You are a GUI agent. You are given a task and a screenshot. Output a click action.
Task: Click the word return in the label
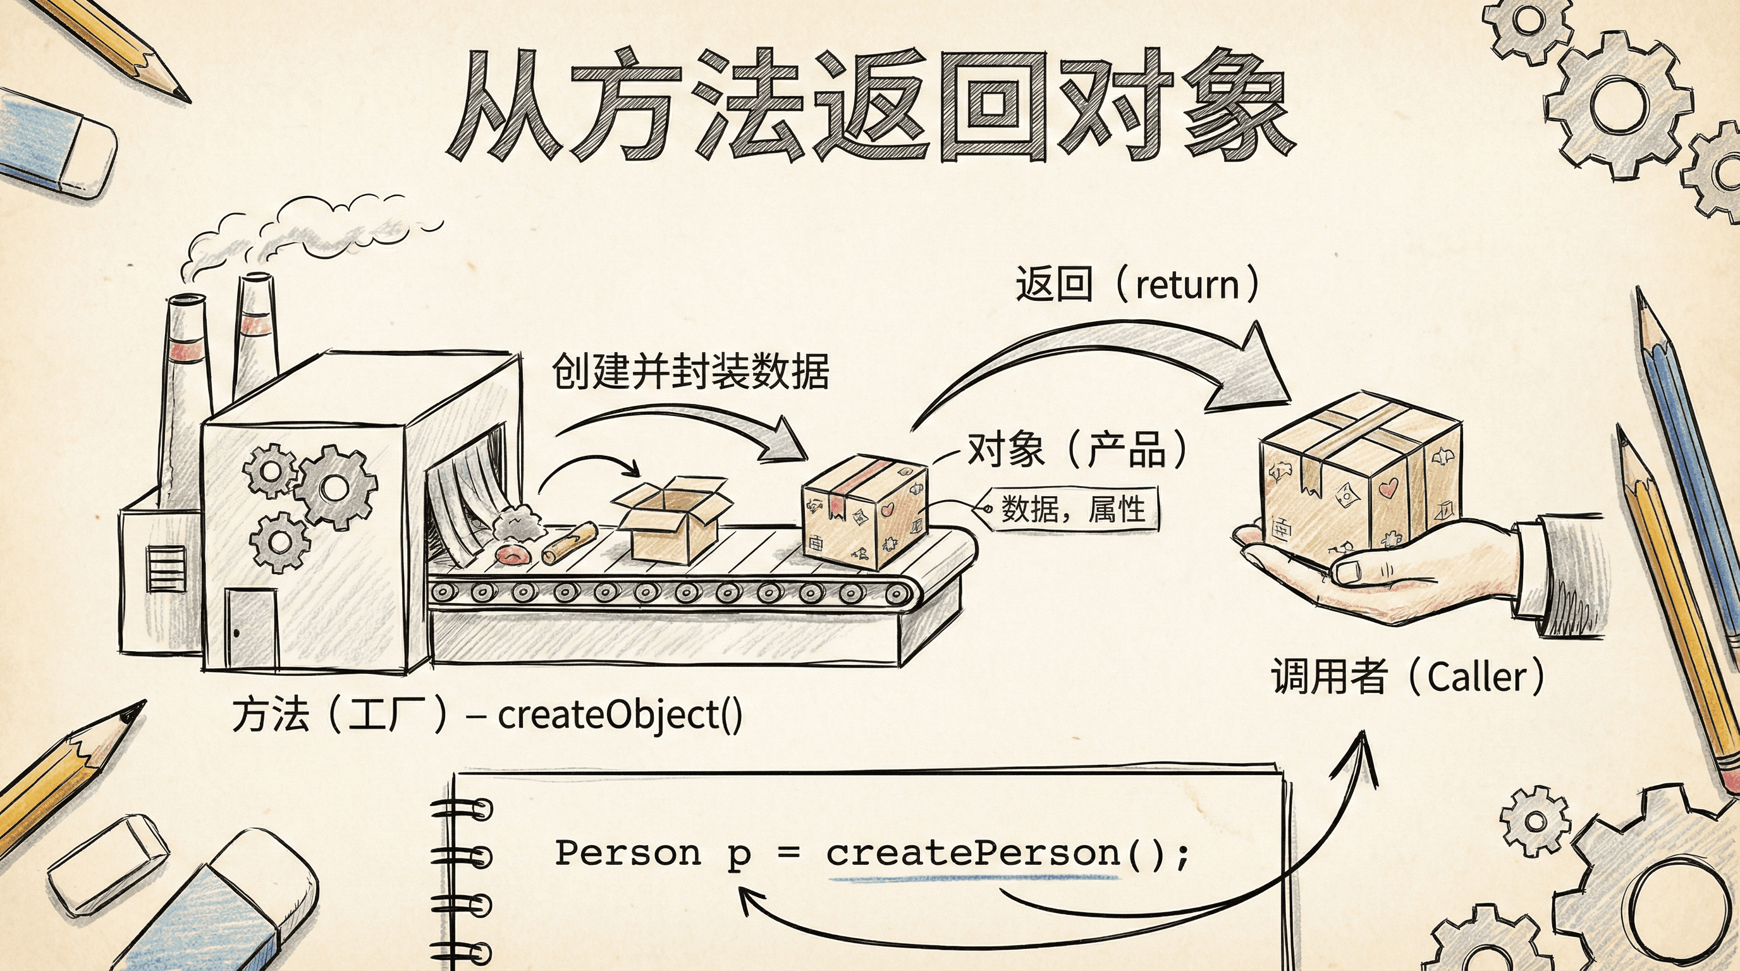click(x=1187, y=285)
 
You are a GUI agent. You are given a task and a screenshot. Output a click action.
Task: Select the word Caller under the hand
click(x=1476, y=677)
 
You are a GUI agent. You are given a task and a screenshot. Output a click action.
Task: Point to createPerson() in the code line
click(x=1007, y=853)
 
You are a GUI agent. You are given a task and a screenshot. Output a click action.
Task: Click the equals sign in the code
click(x=788, y=853)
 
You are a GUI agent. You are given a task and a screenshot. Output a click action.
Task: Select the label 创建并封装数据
click(x=690, y=371)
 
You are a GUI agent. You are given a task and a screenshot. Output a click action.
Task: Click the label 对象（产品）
click(x=1077, y=449)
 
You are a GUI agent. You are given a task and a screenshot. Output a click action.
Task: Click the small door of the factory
click(x=251, y=627)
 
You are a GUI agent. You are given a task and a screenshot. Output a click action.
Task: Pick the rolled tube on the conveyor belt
click(x=570, y=542)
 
